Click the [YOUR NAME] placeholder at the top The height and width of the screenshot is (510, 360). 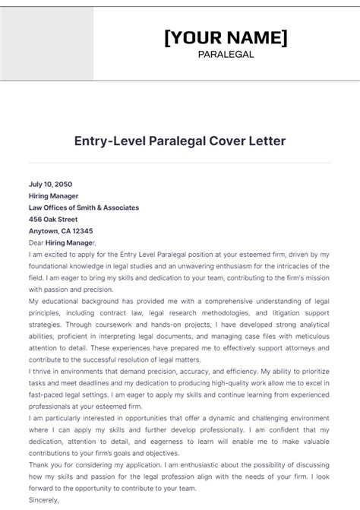click(226, 37)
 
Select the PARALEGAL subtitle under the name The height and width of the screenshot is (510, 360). click(226, 54)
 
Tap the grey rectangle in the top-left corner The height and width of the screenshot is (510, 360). click(46, 41)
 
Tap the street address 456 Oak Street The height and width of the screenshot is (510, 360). click(53, 219)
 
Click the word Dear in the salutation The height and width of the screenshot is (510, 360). click(36, 242)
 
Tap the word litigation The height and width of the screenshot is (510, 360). click(283, 313)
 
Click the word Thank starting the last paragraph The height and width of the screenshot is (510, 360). click(39, 467)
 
